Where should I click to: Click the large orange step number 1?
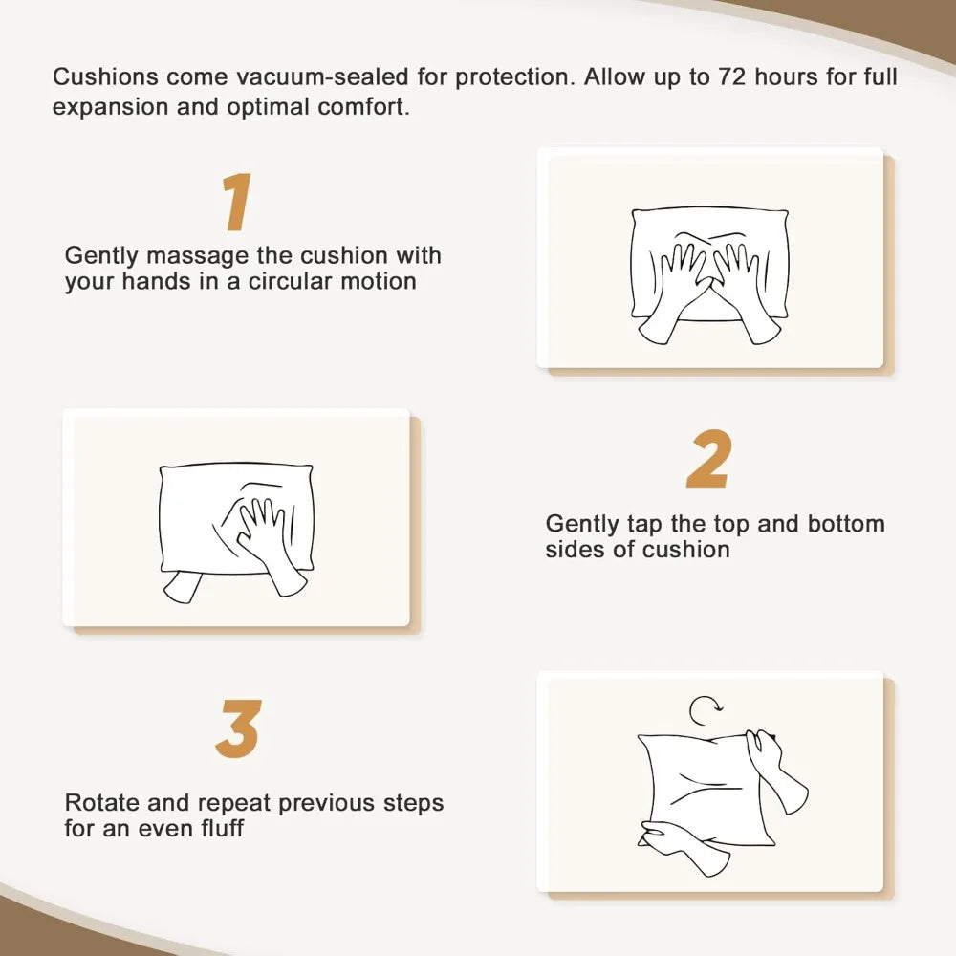pos(236,202)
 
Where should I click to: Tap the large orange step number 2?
pos(708,459)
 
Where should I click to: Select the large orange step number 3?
pos(238,728)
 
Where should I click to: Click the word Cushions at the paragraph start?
pos(105,76)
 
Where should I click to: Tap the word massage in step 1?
pos(198,256)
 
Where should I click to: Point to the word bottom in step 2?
pos(846,524)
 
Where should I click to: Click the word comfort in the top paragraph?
pos(364,107)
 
